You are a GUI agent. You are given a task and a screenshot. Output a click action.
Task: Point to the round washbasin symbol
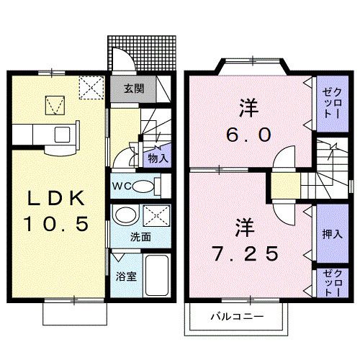(126, 216)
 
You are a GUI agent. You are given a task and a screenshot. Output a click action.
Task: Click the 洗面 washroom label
(141, 237)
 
